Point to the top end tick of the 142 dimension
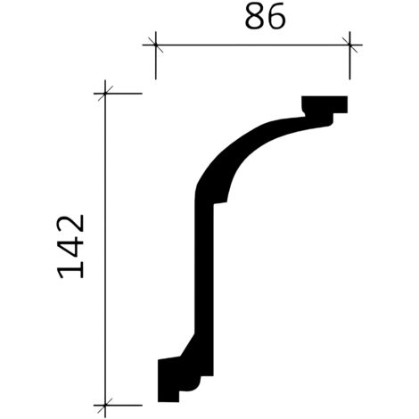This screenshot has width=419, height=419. tap(106, 93)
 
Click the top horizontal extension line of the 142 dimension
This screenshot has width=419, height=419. tap(125, 93)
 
